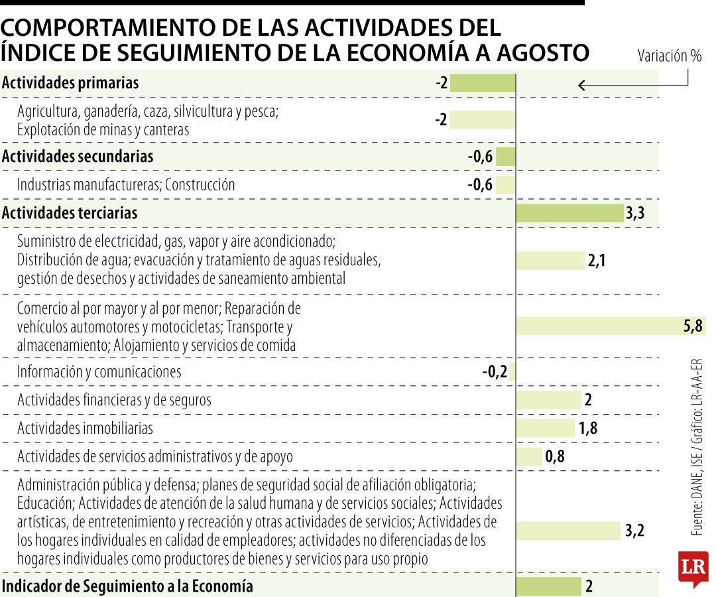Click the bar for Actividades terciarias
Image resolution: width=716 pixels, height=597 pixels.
(x=569, y=213)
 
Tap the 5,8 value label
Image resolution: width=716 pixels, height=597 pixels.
(x=693, y=326)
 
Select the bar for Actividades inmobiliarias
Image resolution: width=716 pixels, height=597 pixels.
(x=546, y=428)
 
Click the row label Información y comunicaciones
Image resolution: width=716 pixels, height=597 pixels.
(x=99, y=371)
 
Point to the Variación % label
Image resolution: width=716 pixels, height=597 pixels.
(x=669, y=56)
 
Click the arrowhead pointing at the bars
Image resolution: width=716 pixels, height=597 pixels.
(x=581, y=85)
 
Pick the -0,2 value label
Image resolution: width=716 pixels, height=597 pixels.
(x=495, y=371)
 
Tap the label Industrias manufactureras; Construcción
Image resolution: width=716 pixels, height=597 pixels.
(x=126, y=184)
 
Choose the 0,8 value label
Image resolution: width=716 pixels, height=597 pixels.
(x=555, y=456)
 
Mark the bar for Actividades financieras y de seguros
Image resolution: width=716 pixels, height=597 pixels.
(x=548, y=400)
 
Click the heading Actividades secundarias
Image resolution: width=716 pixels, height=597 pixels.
(x=78, y=157)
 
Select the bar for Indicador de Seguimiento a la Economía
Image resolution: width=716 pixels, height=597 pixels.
(x=548, y=586)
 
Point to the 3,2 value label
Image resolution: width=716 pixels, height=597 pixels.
(x=634, y=531)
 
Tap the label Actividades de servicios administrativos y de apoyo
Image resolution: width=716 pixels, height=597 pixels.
(x=154, y=456)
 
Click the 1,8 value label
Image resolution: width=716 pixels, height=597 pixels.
(x=588, y=428)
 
